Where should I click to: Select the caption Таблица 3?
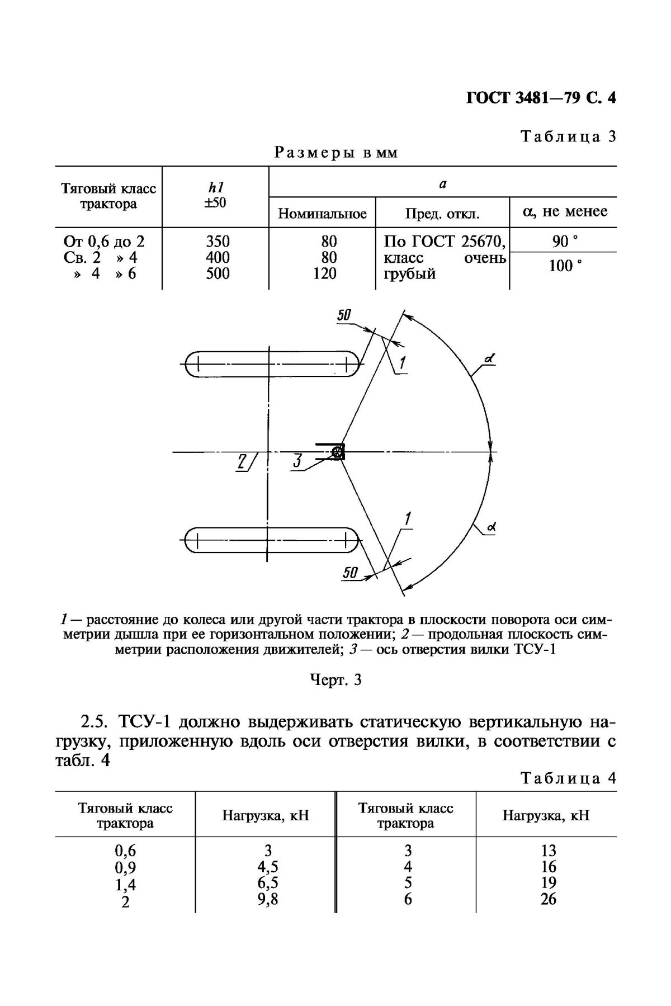(568, 136)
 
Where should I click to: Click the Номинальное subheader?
(322, 214)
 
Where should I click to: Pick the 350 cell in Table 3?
(218, 242)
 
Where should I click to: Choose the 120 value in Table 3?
(325, 273)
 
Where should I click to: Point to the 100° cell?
(563, 266)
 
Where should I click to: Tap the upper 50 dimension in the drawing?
(343, 317)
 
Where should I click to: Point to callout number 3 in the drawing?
(297, 461)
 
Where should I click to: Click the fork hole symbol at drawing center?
(337, 452)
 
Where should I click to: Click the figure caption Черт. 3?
(335, 680)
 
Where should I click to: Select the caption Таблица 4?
(568, 778)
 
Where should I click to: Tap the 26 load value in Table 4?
(548, 899)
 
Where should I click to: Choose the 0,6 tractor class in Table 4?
(125, 851)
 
